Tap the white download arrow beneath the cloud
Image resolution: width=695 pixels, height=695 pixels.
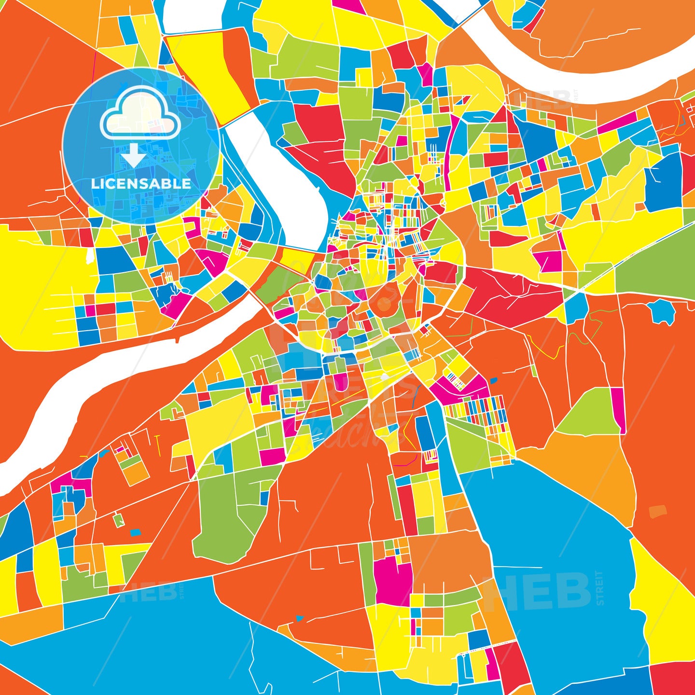[134, 156]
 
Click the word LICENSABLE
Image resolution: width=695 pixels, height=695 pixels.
[141, 183]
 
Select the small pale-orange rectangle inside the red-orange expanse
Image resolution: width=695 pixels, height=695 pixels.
[657, 510]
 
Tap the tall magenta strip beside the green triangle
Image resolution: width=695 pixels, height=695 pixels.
[618, 410]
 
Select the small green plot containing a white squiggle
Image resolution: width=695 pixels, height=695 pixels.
[119, 520]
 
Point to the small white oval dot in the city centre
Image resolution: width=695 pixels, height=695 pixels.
[384, 376]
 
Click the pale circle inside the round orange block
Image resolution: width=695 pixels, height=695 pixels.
[384, 304]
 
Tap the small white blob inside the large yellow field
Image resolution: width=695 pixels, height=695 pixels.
[89, 256]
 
